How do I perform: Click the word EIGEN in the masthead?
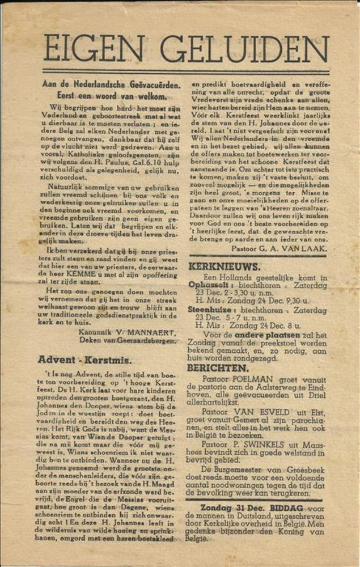(x=97, y=48)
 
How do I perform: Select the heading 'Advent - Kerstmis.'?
(x=84, y=359)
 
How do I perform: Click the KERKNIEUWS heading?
(x=225, y=266)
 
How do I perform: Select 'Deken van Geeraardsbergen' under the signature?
(x=133, y=341)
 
